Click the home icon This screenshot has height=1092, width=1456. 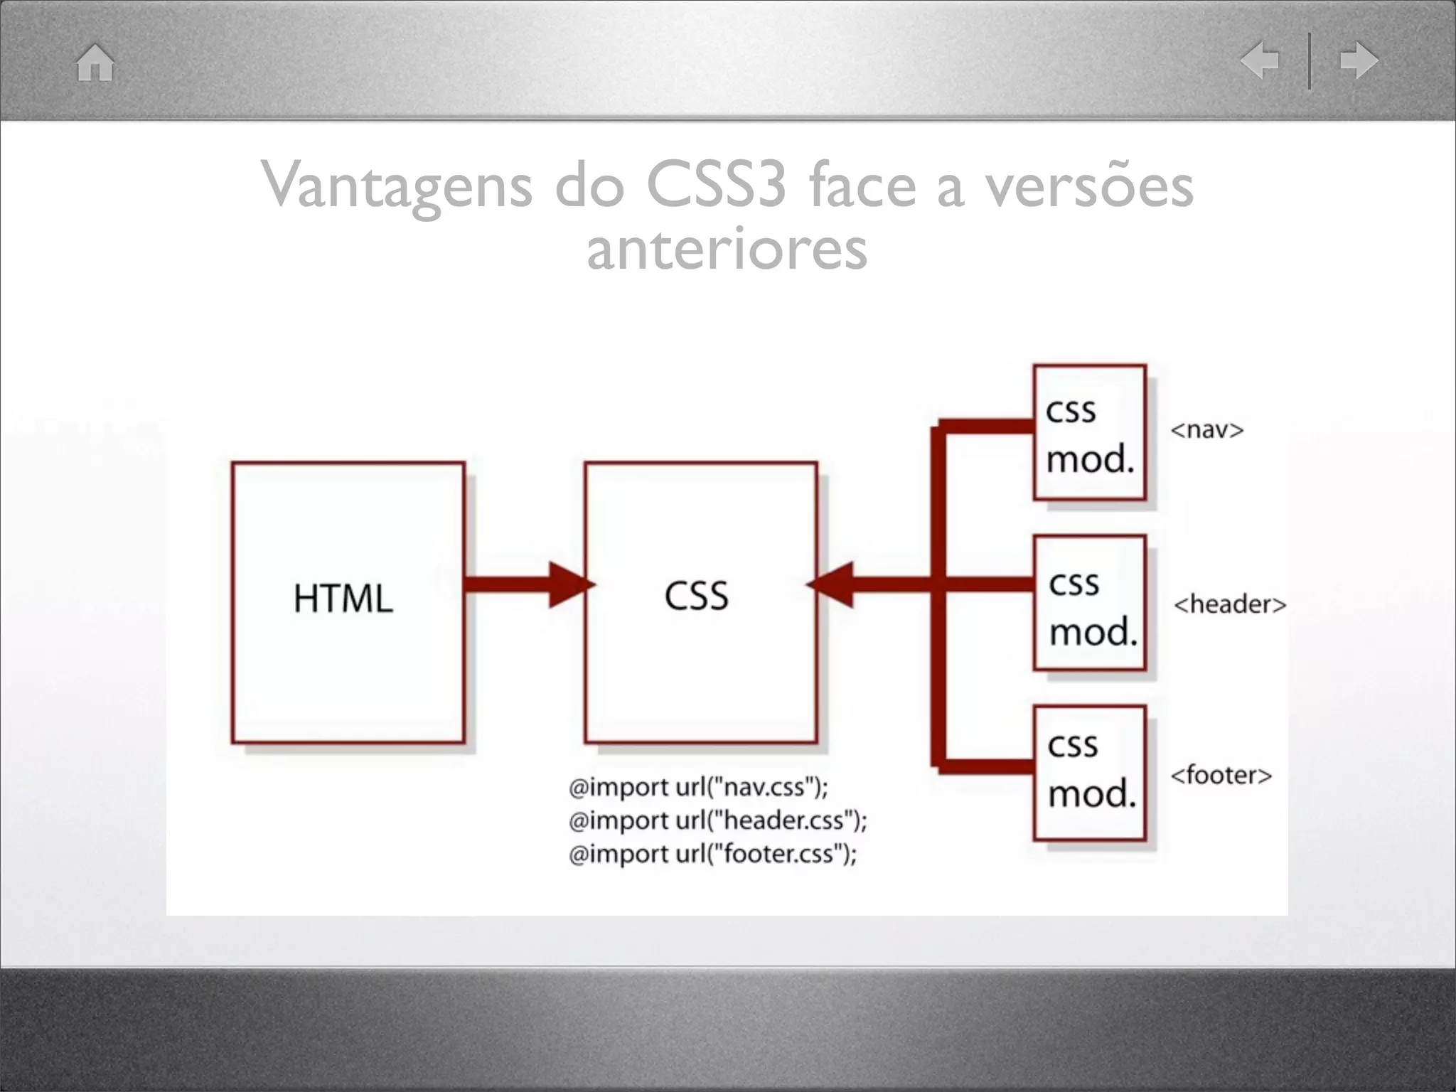coord(95,63)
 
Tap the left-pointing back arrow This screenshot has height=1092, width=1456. coord(1260,60)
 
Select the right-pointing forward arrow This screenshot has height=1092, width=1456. coord(1359,60)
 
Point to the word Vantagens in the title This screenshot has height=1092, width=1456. coord(397,186)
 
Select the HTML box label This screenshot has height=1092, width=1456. coord(343,599)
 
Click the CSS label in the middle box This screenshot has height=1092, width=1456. coord(697,596)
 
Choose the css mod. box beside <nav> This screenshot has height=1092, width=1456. coord(1089,433)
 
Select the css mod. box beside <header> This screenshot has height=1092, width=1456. coord(1091,604)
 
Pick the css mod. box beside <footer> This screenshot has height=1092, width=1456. coord(1090,773)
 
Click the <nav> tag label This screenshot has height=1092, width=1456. coord(1206,430)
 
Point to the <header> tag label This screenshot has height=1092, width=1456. coord(1230,604)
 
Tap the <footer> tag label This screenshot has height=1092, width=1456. coord(1221,775)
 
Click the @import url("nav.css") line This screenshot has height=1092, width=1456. coord(698,787)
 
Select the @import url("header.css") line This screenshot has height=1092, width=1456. coord(717,820)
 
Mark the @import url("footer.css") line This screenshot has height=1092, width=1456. coord(712,853)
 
